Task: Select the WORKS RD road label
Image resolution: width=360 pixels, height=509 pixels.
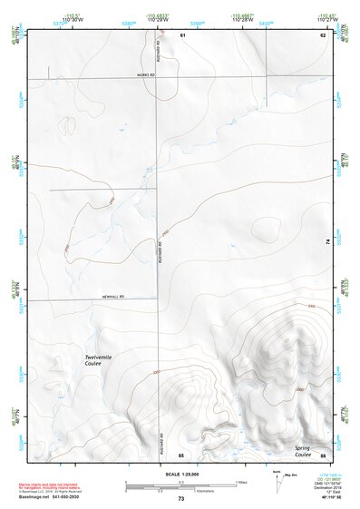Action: [147, 75]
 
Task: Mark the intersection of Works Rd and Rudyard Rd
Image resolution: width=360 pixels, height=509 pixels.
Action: [160, 78]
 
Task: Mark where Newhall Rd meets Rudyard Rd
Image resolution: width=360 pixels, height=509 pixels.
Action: [160, 299]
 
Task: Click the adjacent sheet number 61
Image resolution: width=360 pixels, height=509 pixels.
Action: [182, 34]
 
